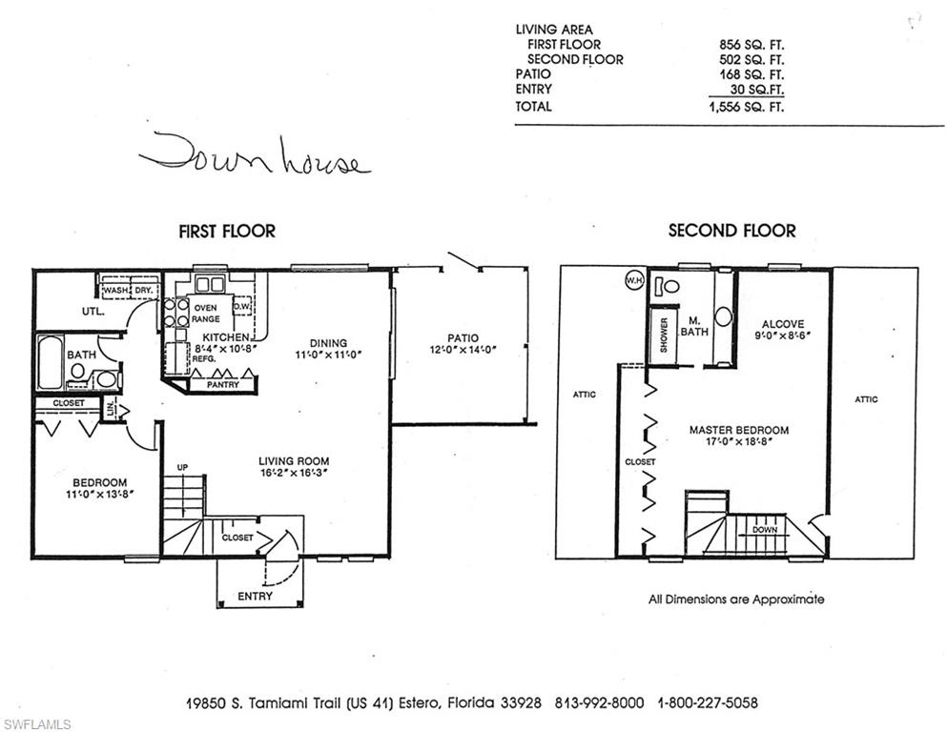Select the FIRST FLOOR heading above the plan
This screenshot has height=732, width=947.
point(227,231)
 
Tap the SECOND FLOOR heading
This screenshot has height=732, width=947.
point(731,231)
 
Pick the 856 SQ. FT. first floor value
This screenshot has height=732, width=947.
point(751,44)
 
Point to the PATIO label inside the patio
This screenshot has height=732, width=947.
point(463,337)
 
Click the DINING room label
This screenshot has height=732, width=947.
point(328,343)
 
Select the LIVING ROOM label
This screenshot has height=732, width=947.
point(294,461)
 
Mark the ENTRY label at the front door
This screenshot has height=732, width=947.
point(255,597)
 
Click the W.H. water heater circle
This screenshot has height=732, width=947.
point(634,280)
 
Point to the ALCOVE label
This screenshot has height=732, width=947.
point(783,324)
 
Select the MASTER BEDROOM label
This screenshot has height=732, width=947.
point(739,430)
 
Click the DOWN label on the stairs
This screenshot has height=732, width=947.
point(764,529)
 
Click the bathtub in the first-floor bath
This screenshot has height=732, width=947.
point(50,361)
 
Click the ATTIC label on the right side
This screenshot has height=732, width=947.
point(866,399)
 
